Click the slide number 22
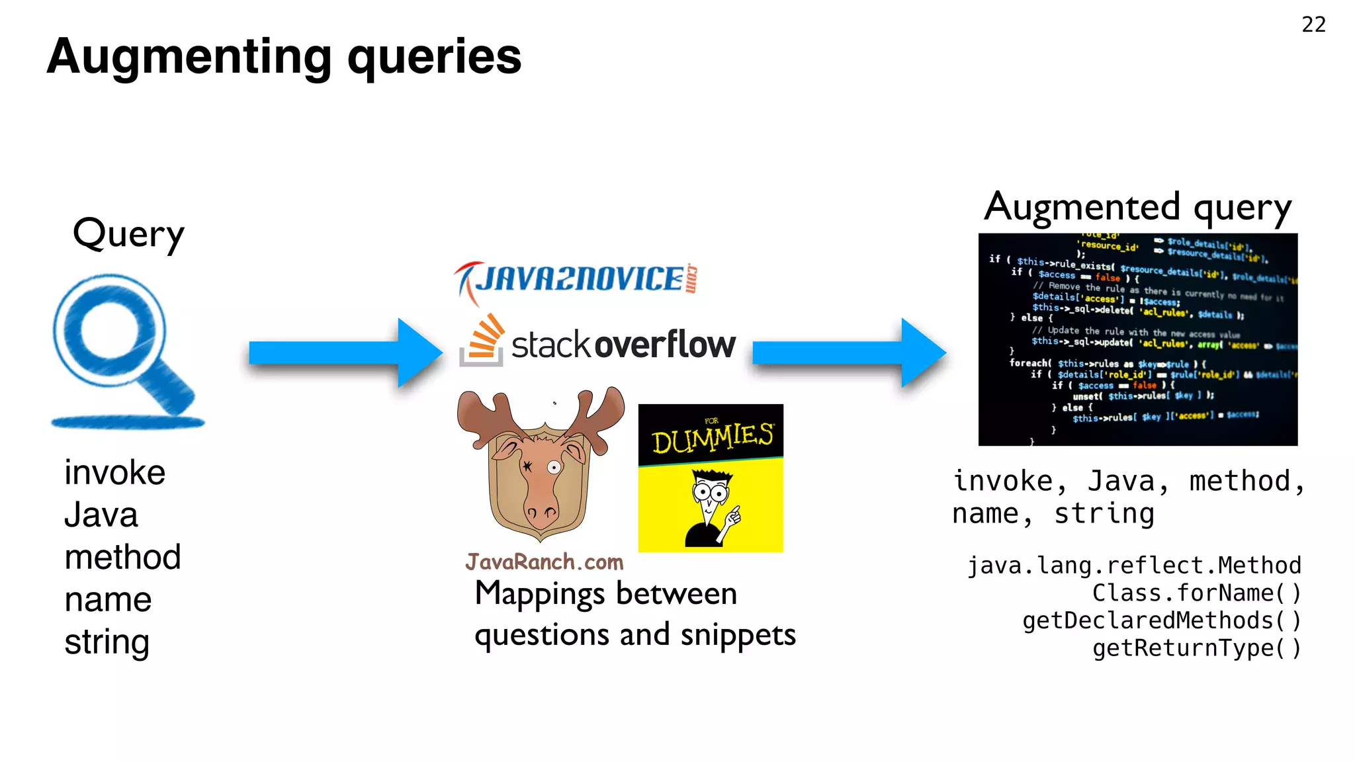click(x=1313, y=24)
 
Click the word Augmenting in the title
click(x=189, y=57)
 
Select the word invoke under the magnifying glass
click(x=114, y=473)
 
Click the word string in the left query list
click(x=107, y=642)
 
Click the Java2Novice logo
click(x=576, y=280)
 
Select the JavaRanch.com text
click(x=544, y=562)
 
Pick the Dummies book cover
click(x=711, y=478)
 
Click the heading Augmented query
click(x=1137, y=208)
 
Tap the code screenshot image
click(x=1137, y=339)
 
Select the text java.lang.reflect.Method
click(x=1134, y=566)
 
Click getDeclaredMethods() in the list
click(x=1162, y=620)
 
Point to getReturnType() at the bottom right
click(x=1196, y=648)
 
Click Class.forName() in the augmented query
click(x=1196, y=593)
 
